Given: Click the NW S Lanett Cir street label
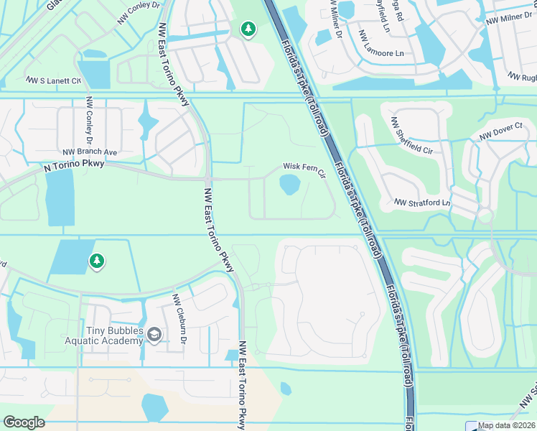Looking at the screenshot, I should pyautogui.click(x=54, y=80).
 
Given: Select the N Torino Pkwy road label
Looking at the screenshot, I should pyautogui.click(x=74, y=166).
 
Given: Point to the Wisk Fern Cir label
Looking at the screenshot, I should pyautogui.click(x=304, y=167).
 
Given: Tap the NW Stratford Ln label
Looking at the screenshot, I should pyautogui.click(x=421, y=203).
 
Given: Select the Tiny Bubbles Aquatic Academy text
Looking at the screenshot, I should pyautogui.click(x=105, y=335).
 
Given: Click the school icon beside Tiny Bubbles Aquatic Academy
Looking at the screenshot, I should pyautogui.click(x=154, y=334).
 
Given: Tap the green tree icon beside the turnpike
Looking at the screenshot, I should pyautogui.click(x=248, y=29).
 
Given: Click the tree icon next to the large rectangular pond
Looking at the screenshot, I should pyautogui.click(x=96, y=261).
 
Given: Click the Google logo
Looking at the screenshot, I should pyautogui.click(x=24, y=422).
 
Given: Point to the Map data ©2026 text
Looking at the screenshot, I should pyautogui.click(x=506, y=426).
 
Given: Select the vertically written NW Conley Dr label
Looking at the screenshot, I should pyautogui.click(x=90, y=119).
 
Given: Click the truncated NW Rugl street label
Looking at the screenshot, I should pyautogui.click(x=522, y=78).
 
